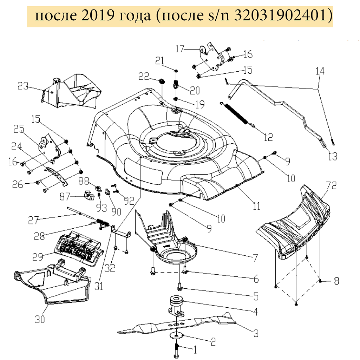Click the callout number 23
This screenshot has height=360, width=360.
pos(23,86)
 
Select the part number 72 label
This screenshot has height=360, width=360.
pos(331,185)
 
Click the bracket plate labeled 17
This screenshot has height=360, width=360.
pos(211,56)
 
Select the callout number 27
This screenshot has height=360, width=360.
pos(34,220)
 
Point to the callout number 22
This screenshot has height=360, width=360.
pos(144,77)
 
